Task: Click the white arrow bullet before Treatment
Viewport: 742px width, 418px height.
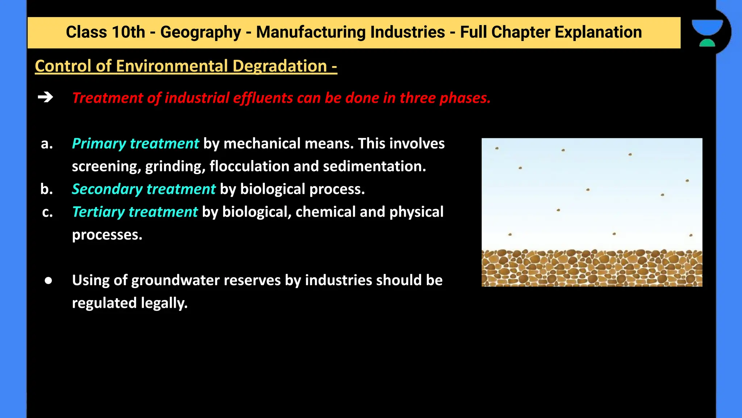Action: click(45, 97)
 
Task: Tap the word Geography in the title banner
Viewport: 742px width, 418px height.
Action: click(200, 32)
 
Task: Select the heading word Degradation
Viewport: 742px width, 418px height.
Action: click(280, 66)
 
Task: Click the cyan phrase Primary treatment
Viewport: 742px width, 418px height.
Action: click(135, 144)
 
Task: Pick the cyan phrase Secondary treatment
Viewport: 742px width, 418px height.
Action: click(143, 189)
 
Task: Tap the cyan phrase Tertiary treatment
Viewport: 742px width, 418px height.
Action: click(135, 212)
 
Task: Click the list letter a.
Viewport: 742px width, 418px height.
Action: click(47, 144)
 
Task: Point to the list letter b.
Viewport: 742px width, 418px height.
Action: click(47, 189)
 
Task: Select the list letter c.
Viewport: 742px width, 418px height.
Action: click(47, 212)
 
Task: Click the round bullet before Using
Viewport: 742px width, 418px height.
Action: click(48, 280)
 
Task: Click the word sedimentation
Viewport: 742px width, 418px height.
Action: click(374, 167)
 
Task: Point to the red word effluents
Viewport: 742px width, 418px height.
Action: click(263, 98)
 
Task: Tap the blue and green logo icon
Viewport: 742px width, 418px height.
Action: click(707, 33)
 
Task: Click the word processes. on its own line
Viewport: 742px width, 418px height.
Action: click(107, 235)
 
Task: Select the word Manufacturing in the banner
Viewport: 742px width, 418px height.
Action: click(350, 32)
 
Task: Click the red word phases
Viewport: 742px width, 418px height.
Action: click(465, 98)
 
